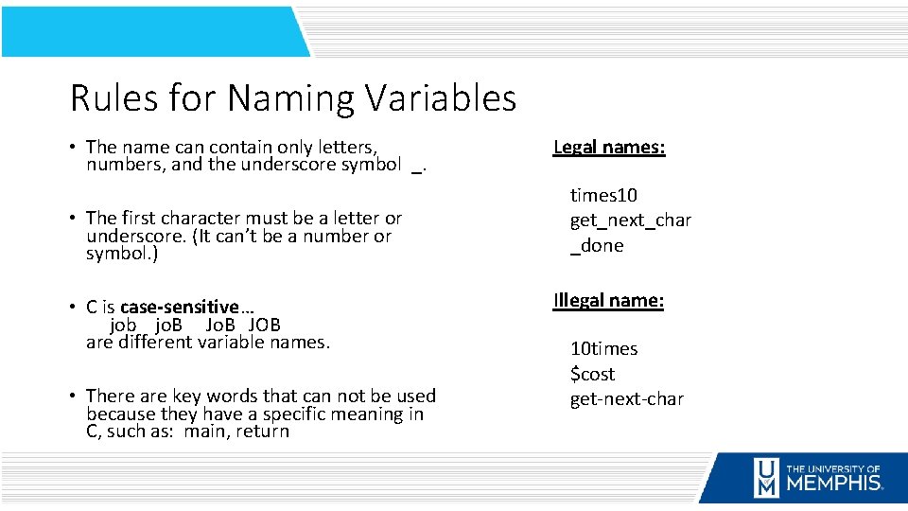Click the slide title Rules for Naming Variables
(x=292, y=98)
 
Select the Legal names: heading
(x=609, y=147)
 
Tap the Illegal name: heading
(x=608, y=301)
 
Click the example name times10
(x=603, y=195)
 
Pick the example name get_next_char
(x=630, y=220)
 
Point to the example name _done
(x=596, y=245)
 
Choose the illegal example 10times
(x=603, y=348)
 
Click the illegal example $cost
(x=592, y=374)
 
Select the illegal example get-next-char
(x=626, y=398)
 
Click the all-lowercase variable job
(x=124, y=325)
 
